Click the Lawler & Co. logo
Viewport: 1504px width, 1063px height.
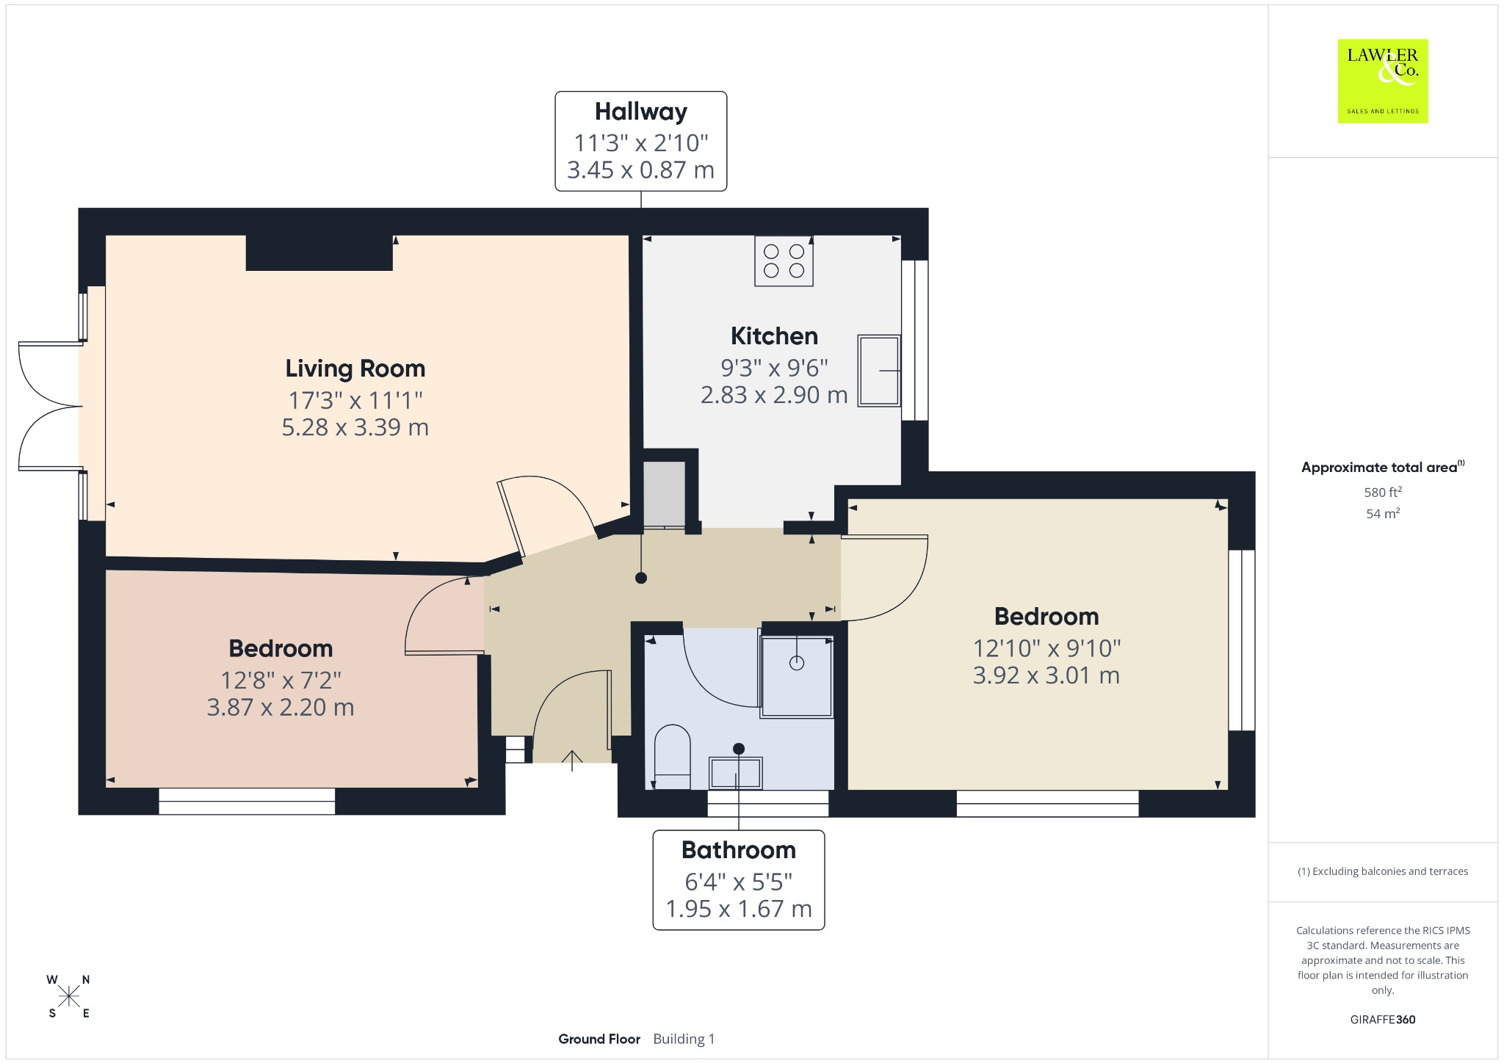pos(1382,81)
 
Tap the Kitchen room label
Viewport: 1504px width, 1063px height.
pos(774,336)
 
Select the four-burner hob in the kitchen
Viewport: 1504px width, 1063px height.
pos(784,261)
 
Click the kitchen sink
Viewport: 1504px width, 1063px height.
pos(879,371)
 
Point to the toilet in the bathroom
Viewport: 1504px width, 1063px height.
pos(671,757)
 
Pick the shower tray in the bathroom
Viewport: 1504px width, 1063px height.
pos(797,676)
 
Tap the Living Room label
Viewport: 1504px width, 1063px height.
pos(355,369)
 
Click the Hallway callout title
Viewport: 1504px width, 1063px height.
pos(641,112)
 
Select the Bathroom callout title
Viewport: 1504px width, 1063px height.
pos(739,850)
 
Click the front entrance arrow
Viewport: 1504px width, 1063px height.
pos(572,761)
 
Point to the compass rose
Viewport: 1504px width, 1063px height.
pos(69,996)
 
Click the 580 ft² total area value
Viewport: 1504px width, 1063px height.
pos(1383,492)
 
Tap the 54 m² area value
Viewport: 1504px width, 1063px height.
pos(1383,513)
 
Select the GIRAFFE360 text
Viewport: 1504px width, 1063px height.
pos(1383,1019)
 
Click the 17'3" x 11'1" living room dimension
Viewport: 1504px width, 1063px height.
pos(355,400)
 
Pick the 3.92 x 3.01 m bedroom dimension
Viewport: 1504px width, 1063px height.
pos(1046,675)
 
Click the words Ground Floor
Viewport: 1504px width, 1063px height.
pos(599,1039)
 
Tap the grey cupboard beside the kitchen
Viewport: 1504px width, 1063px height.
pos(664,494)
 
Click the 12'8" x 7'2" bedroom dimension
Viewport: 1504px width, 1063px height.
pos(281,681)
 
